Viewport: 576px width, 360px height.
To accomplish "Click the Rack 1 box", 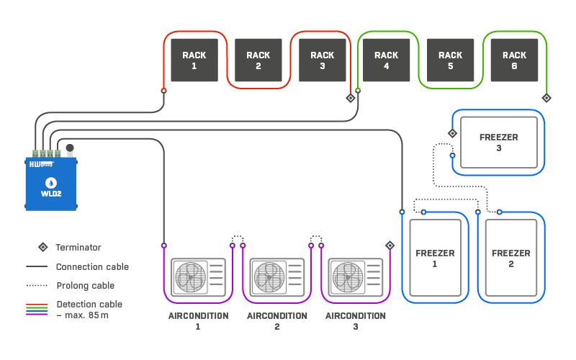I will tap(194, 60).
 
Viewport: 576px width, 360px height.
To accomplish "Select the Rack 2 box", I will tap(258, 60).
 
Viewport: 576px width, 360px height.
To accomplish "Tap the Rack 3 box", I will tap(322, 60).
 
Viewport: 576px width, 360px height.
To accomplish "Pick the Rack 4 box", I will tap(386, 60).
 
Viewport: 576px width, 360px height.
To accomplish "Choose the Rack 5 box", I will tap(450, 60).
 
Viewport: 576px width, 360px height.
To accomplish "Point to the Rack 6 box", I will tap(514, 60).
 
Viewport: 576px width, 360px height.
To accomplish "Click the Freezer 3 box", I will tap(498, 142).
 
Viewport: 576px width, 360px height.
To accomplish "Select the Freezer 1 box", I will tap(435, 258).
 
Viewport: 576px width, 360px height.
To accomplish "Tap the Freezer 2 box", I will tap(510, 258).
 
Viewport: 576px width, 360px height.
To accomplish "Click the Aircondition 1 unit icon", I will tap(198, 277).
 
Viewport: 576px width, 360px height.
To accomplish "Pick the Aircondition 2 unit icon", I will tap(276, 277).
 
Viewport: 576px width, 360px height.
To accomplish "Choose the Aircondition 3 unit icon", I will tap(355, 277).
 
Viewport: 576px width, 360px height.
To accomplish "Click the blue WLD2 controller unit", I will tap(50, 184).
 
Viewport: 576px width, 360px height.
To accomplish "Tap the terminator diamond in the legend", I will tap(42, 247).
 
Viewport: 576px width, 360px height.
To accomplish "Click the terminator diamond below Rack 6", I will tap(546, 98).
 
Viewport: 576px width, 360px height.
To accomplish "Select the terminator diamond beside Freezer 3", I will tap(452, 133).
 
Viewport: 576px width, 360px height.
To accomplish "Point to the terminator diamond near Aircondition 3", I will tap(390, 246).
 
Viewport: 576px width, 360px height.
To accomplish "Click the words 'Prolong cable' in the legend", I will tap(85, 285).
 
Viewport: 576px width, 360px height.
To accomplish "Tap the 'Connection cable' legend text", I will tap(92, 266).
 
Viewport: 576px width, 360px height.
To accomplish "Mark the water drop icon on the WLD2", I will tap(50, 182).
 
